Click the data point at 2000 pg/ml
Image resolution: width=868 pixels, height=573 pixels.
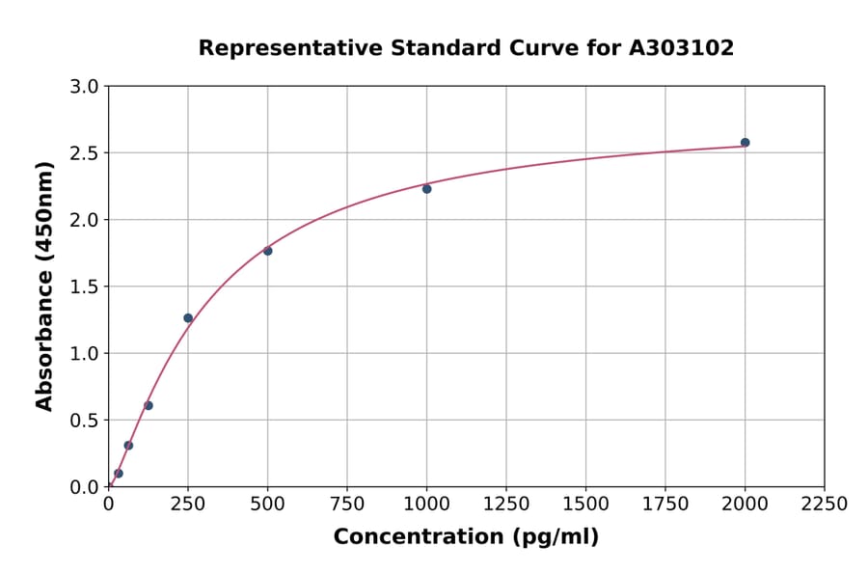(745, 143)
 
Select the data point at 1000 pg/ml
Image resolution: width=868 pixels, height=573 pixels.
(426, 189)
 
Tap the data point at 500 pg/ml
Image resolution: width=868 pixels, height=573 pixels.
(267, 251)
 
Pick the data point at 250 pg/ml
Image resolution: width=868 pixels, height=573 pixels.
(188, 318)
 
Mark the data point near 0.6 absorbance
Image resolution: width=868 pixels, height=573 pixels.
(149, 405)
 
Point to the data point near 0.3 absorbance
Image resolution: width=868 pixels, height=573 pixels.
(128, 446)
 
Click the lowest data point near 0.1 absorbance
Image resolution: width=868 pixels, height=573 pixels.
(119, 474)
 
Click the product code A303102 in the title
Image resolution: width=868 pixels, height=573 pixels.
(682, 48)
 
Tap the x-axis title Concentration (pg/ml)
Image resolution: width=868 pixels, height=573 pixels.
(466, 537)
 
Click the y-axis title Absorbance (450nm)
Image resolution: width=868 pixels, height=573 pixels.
(44, 286)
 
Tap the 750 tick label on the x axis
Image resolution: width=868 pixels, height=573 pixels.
(347, 505)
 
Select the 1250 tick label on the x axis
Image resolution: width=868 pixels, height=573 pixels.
(506, 505)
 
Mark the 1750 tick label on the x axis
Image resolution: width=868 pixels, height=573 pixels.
(665, 505)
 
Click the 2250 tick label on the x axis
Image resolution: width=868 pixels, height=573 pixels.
(825, 505)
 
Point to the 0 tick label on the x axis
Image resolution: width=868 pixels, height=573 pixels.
(108, 505)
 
